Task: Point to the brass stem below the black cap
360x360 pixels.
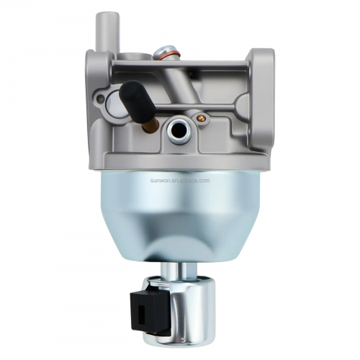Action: pos(150,125)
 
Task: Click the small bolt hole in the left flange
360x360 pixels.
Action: pos(100,97)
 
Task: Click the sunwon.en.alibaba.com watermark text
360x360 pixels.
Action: pos(180,181)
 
